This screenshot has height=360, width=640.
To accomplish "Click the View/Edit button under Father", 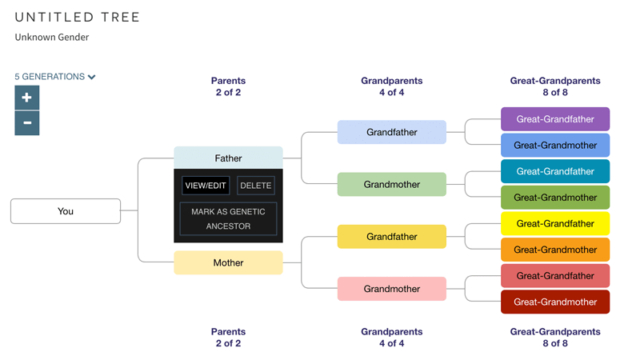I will (x=206, y=186).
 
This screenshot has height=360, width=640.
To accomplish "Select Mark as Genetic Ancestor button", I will (x=228, y=218).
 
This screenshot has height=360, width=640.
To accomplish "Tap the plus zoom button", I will (x=27, y=98).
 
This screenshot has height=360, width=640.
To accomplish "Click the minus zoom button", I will (x=27, y=123).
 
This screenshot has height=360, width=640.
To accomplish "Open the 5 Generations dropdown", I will (x=55, y=77).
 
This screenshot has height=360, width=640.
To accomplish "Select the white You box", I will (x=66, y=211).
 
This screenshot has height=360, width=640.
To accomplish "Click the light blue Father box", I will (x=228, y=158).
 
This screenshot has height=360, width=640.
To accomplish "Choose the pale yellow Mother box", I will (x=228, y=262).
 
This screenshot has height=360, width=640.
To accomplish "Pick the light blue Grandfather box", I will (x=392, y=132).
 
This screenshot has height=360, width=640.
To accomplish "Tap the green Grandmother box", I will (x=392, y=184).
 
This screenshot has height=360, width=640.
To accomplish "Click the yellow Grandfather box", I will (x=392, y=237).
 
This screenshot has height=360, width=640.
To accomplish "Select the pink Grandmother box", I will (x=392, y=289).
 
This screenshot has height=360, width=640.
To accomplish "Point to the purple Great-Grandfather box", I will (x=555, y=119).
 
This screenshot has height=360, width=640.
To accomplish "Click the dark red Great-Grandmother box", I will (x=555, y=302).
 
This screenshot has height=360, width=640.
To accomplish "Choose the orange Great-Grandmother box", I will (x=555, y=250).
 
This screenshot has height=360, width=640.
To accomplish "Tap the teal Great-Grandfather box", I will (x=555, y=171).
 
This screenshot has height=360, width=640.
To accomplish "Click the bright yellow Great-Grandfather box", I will (x=555, y=223).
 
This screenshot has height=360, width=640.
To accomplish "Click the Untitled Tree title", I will (x=78, y=18).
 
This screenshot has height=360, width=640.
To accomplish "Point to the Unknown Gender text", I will (x=52, y=37).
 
